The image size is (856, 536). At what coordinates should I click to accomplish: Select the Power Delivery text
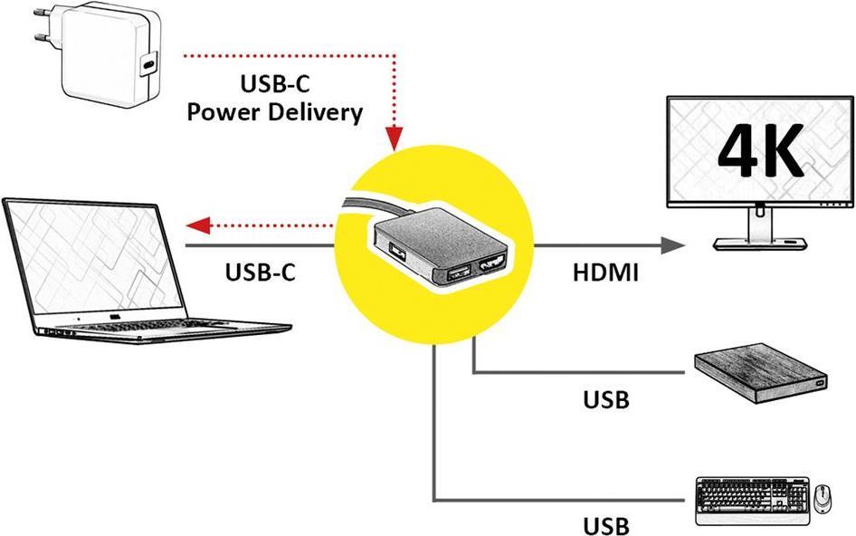(275, 112)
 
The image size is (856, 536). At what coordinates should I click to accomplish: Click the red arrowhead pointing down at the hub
(394, 138)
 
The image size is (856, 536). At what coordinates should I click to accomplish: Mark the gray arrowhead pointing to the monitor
(671, 245)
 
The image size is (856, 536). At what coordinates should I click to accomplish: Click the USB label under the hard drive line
(606, 398)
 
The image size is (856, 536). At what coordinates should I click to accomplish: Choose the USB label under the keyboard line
(606, 525)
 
